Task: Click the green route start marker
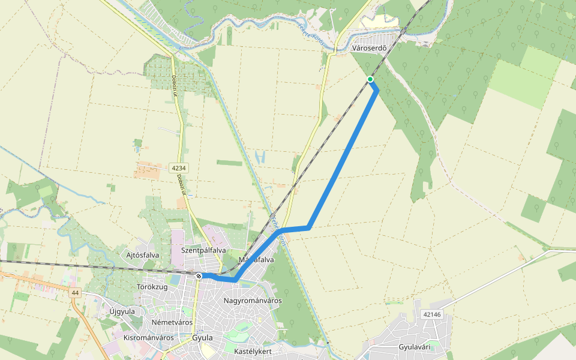tap(370, 79)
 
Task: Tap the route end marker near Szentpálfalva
tap(199, 275)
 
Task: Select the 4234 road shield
tap(177, 168)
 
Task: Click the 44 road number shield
tap(74, 293)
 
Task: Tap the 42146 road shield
tap(431, 314)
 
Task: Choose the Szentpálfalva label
tap(203, 250)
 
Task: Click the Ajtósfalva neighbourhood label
tap(143, 255)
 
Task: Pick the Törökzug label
tap(151, 287)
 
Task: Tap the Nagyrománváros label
tap(252, 300)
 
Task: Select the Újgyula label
tap(122, 311)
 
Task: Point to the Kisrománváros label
tap(148, 337)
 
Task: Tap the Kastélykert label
tap(253, 350)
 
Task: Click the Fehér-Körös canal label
tap(279, 225)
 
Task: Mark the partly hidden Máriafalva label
tap(256, 260)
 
